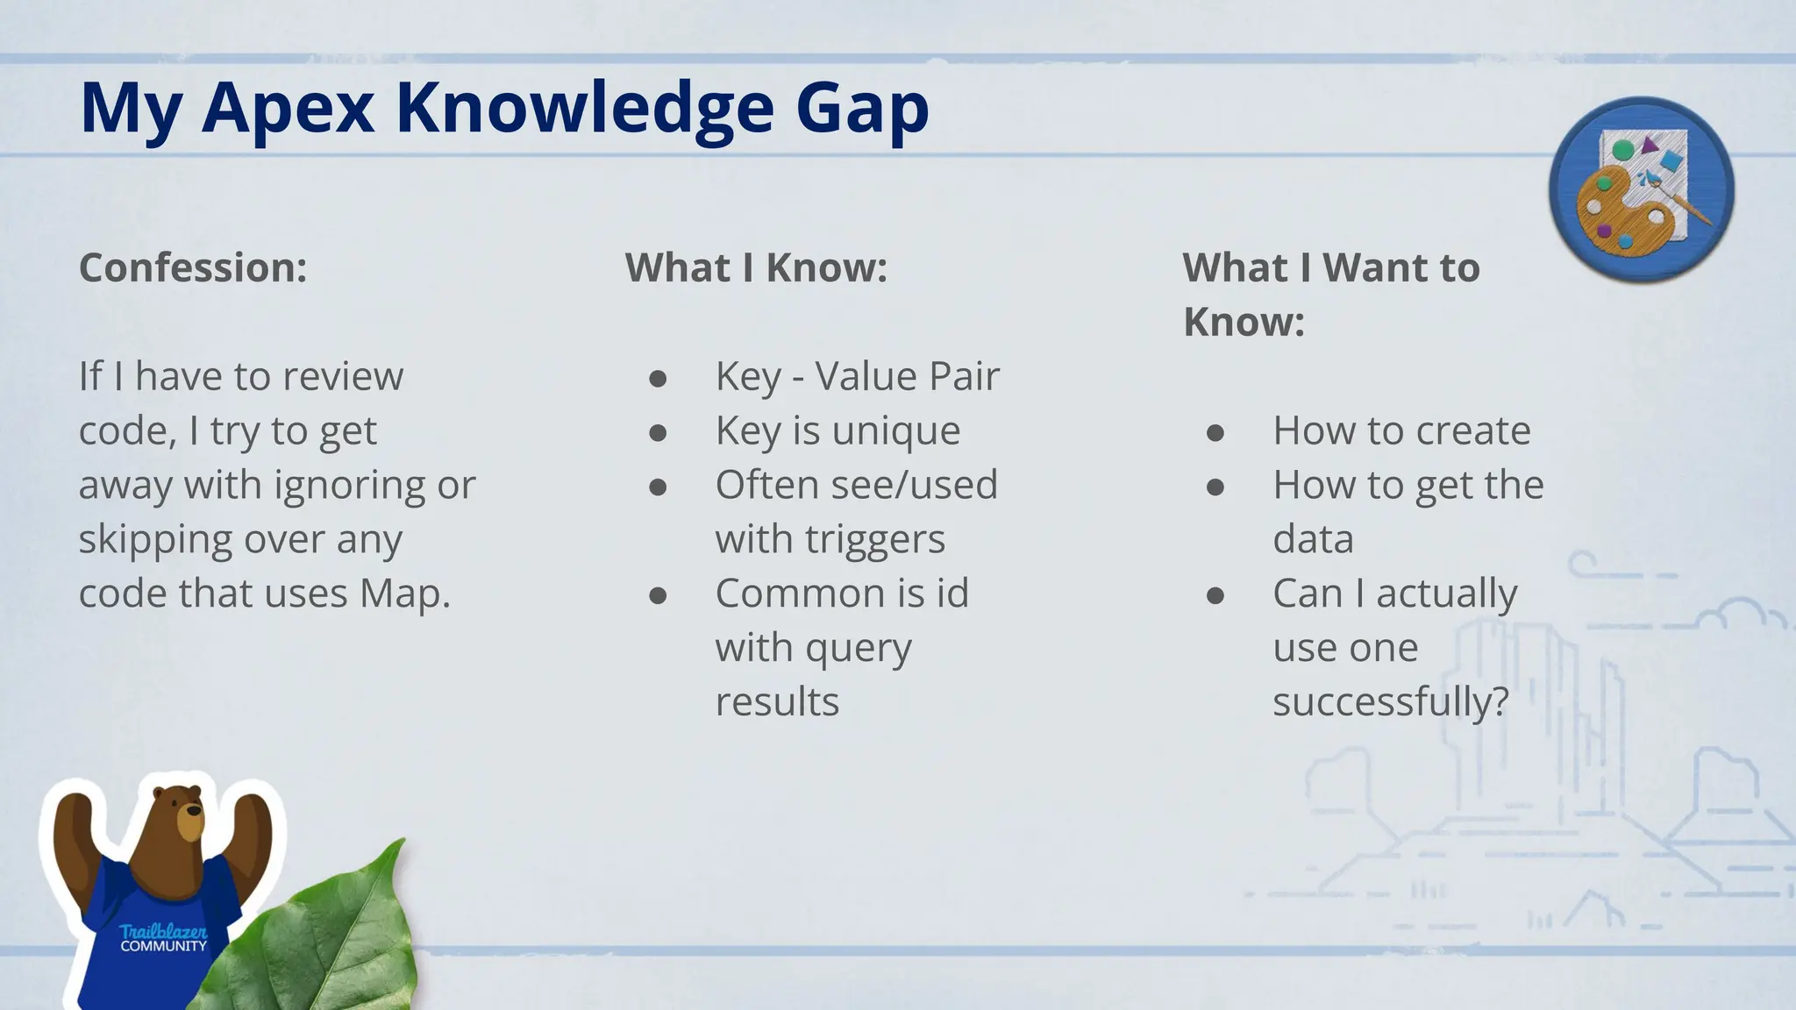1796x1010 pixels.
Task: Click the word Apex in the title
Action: click(288, 109)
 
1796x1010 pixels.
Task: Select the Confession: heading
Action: click(193, 267)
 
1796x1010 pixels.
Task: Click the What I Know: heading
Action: click(756, 267)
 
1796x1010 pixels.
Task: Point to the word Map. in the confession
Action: click(404, 594)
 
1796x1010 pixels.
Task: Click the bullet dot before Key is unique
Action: click(658, 432)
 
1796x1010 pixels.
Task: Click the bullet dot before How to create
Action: click(1215, 432)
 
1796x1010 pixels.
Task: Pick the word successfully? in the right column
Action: click(1391, 702)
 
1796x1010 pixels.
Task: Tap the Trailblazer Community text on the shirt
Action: click(163, 938)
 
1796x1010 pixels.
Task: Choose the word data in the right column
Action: click(1313, 539)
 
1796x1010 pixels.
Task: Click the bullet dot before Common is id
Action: click(658, 595)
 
